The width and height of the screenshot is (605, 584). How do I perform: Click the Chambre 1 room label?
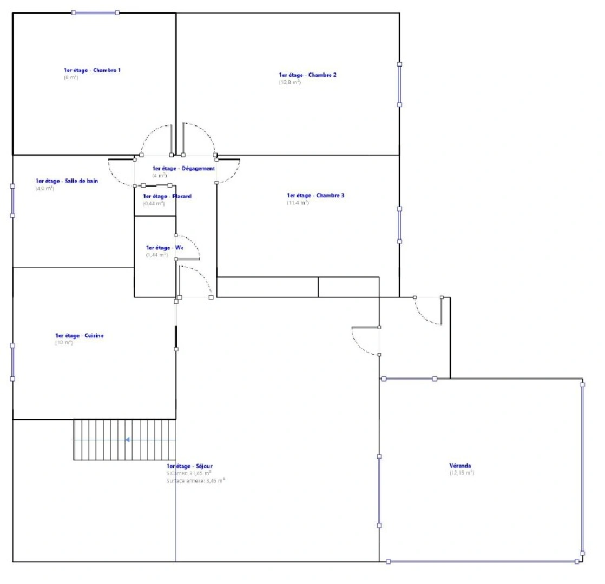(x=92, y=70)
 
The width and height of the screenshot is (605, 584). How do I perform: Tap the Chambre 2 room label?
(x=307, y=75)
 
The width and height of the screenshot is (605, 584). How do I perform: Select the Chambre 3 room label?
(x=315, y=195)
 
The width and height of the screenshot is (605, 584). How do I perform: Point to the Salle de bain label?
(x=67, y=181)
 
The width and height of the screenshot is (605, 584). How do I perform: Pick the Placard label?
(x=167, y=197)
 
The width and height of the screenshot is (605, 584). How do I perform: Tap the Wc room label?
(x=165, y=248)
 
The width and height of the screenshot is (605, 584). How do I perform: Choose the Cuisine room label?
(x=79, y=336)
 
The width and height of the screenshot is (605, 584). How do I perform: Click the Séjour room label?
(x=189, y=466)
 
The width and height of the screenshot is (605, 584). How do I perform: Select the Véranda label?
(x=460, y=466)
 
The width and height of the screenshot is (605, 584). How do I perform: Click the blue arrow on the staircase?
(x=127, y=440)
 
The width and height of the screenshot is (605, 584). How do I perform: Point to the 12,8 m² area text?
(x=290, y=83)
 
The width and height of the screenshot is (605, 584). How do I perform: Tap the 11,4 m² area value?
(x=298, y=203)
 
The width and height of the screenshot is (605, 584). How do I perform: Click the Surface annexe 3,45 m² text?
(x=195, y=480)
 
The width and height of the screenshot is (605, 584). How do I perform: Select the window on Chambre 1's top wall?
(x=96, y=12)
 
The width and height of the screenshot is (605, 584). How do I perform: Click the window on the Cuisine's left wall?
(x=12, y=361)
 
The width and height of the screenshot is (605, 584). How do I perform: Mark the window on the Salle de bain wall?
(x=12, y=201)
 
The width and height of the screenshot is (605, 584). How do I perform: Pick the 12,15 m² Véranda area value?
(x=461, y=473)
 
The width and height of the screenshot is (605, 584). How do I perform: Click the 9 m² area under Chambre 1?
(x=71, y=78)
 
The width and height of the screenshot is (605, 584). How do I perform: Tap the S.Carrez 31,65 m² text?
(x=188, y=473)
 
